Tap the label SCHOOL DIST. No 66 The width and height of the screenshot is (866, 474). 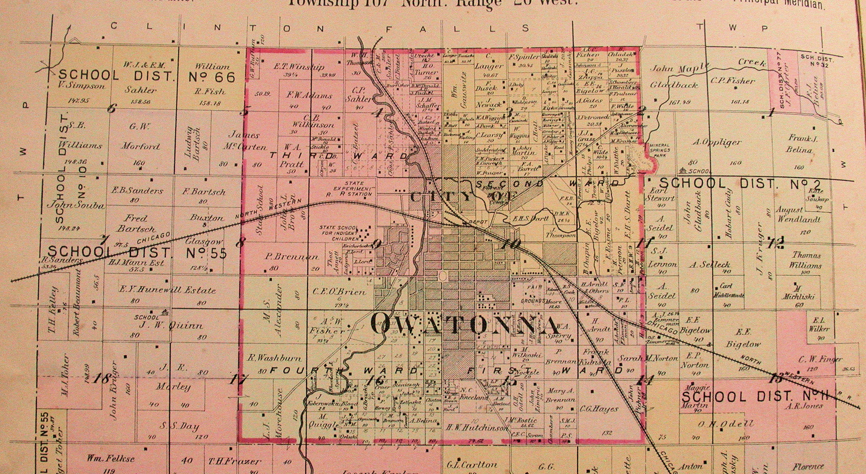[147, 77]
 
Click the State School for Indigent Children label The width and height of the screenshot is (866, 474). [339, 234]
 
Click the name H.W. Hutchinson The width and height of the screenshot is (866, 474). [476, 428]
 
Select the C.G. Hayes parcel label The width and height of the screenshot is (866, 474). [598, 409]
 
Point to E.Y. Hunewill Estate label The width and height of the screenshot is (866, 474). [168, 290]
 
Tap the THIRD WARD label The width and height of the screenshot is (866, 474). [339, 156]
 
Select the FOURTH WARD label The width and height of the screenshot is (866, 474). [343, 370]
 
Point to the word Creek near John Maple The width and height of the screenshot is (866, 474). [752, 63]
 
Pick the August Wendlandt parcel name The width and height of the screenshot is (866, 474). [798, 215]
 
